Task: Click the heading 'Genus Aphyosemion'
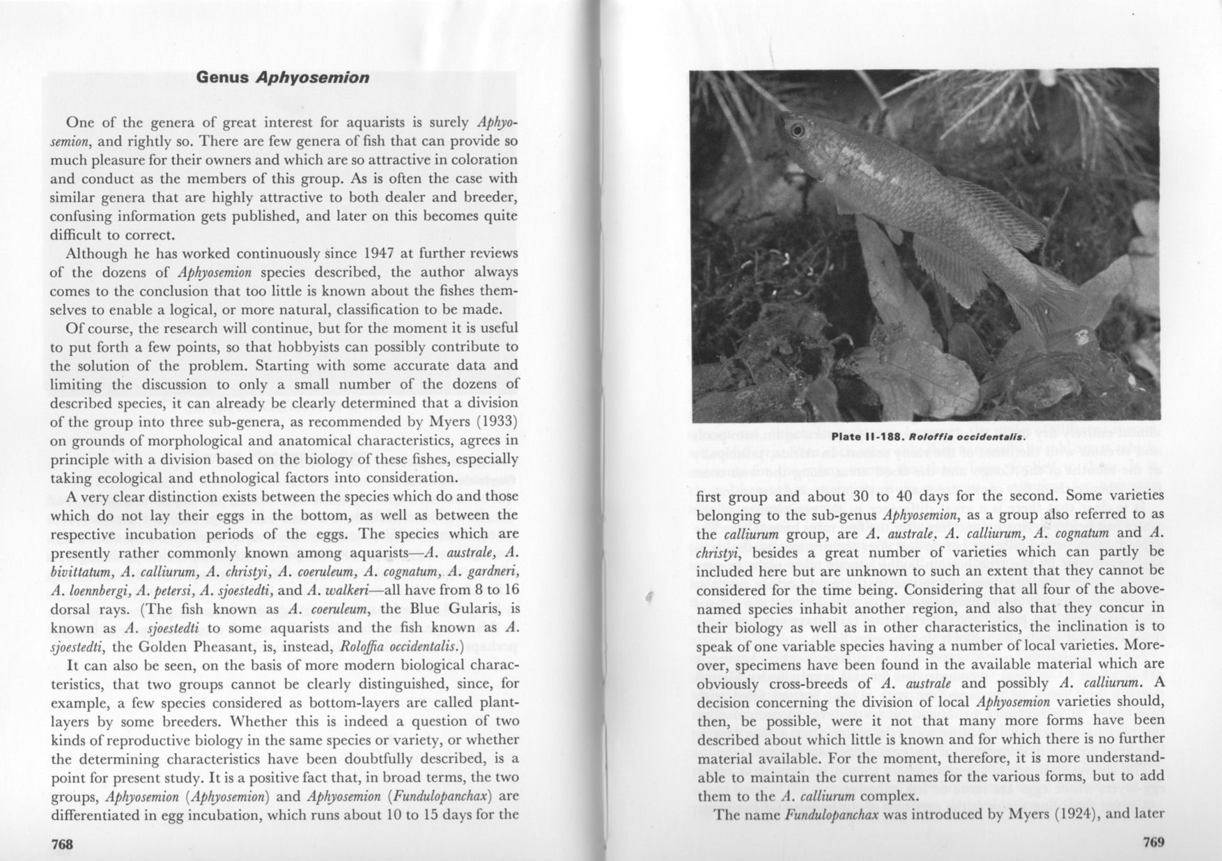point(282,77)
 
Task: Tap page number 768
point(63,844)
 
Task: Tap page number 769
point(1154,842)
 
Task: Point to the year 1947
point(382,253)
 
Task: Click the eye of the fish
point(798,130)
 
